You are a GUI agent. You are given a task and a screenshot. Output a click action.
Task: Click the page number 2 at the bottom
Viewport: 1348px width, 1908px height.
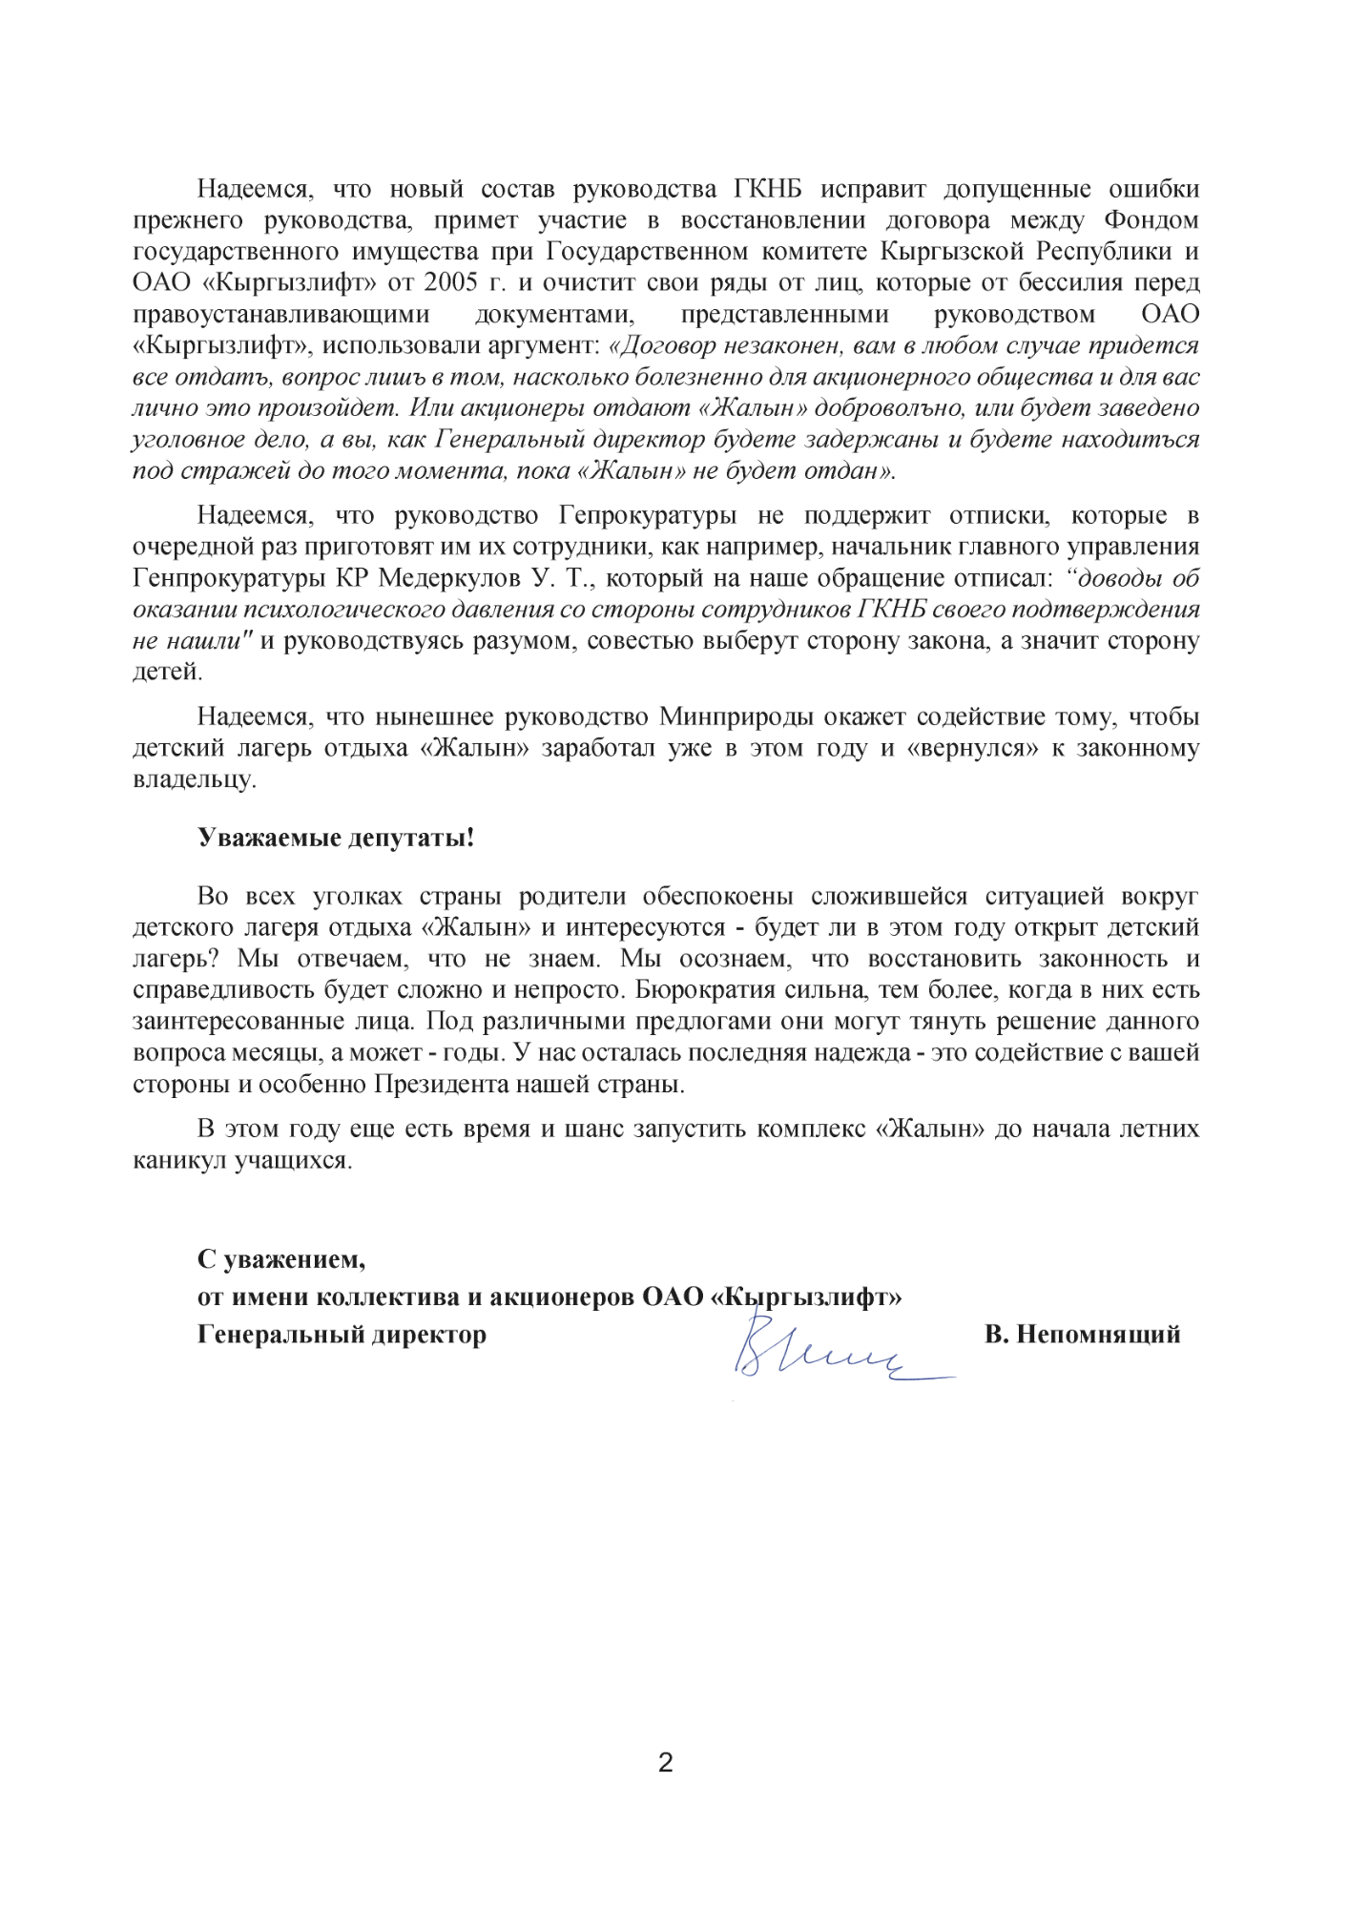[666, 1762]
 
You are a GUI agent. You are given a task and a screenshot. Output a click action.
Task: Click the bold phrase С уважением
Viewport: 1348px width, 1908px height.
[280, 1259]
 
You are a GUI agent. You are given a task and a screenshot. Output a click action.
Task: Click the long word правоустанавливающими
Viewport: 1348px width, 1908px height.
[281, 315]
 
